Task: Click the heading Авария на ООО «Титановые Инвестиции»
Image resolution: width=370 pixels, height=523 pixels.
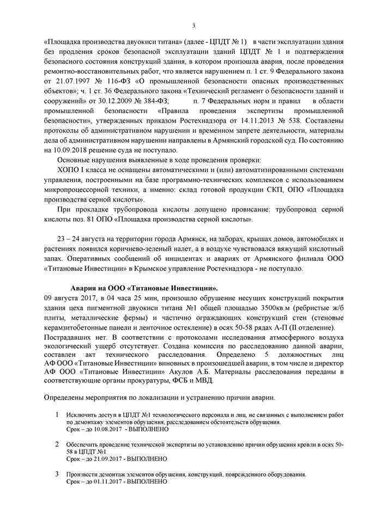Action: pos(144,287)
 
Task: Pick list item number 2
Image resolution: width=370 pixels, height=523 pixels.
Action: pos(57,445)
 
